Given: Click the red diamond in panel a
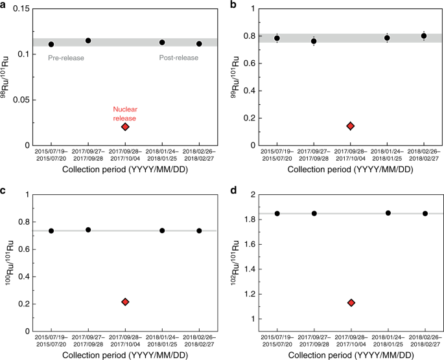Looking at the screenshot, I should pos(125,126).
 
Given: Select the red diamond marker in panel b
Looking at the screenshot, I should pos(351,126).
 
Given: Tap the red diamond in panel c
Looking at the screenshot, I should pos(125,302).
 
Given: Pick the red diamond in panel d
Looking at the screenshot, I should pos(351,302).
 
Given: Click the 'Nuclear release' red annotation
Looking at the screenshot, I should pos(125,112).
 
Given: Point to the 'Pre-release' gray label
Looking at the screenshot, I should pos(66,58).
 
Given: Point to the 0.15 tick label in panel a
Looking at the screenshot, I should pos(21,8).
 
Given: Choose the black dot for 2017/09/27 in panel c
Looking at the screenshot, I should pos(88,230).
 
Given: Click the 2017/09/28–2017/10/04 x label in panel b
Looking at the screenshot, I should pos(351,153).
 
